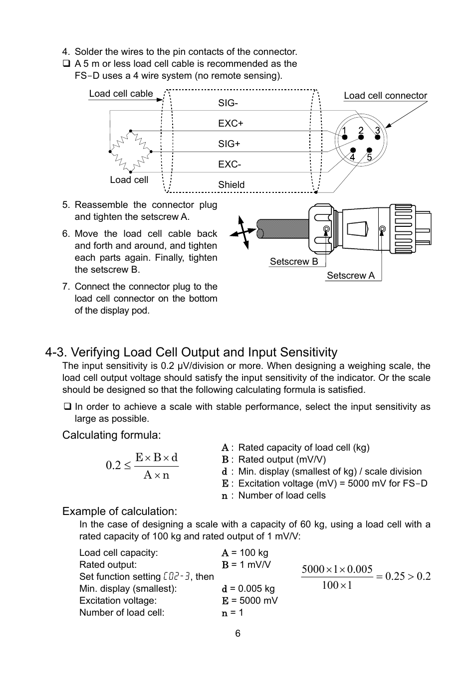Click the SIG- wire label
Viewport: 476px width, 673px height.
pyautogui.click(x=228, y=103)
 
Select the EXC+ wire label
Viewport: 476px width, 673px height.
pyautogui.click(x=231, y=123)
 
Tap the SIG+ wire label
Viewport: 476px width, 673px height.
pyautogui.click(x=229, y=144)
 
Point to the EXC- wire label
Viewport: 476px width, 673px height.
pyautogui.click(x=230, y=164)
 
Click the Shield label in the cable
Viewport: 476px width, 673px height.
pyautogui.click(x=231, y=184)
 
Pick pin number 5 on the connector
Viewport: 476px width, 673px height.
pyautogui.click(x=369, y=157)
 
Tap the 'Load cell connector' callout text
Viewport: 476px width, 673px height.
pyautogui.click(x=385, y=96)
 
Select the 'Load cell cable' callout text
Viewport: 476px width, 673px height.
pyautogui.click(x=121, y=94)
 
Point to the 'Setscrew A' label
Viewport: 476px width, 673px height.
pyautogui.click(x=350, y=276)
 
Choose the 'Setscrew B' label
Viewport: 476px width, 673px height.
pyautogui.click(x=293, y=262)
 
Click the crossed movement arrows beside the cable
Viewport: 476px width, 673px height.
pyautogui.click(x=243, y=232)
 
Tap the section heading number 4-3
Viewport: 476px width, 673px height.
pyautogui.click(x=56, y=352)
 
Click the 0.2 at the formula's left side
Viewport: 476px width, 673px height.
pyautogui.click(x=113, y=465)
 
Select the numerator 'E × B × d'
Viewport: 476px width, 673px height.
pyautogui.click(x=156, y=458)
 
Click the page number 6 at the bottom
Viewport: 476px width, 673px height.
pyautogui.click(x=238, y=633)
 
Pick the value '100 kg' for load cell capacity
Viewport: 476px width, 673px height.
pyautogui.click(x=253, y=552)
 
